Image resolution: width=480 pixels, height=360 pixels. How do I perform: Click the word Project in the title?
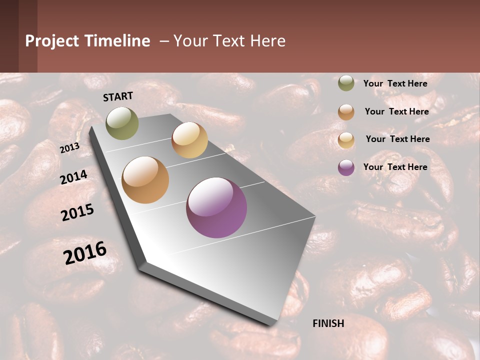52,41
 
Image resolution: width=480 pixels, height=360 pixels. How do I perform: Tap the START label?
118,96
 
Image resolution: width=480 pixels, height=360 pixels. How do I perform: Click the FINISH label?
328,323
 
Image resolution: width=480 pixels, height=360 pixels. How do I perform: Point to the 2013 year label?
69,148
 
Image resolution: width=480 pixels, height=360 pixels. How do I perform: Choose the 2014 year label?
74,177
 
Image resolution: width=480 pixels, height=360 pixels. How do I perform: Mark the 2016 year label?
85,253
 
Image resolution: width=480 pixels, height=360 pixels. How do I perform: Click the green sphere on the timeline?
122,123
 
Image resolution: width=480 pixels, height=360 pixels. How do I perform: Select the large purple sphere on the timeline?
216,207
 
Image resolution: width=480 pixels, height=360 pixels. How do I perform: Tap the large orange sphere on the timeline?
145,180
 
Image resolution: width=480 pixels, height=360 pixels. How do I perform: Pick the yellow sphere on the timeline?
189,140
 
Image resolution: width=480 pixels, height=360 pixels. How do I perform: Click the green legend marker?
346,83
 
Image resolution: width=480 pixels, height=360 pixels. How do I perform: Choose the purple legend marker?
346,167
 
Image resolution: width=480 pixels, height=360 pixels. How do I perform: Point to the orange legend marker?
346,112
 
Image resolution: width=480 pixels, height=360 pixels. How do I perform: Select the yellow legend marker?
346,139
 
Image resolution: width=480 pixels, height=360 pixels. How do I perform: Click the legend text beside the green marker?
395,83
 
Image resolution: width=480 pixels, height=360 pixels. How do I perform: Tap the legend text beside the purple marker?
395,167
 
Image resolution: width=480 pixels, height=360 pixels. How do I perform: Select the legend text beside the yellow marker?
397,139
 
